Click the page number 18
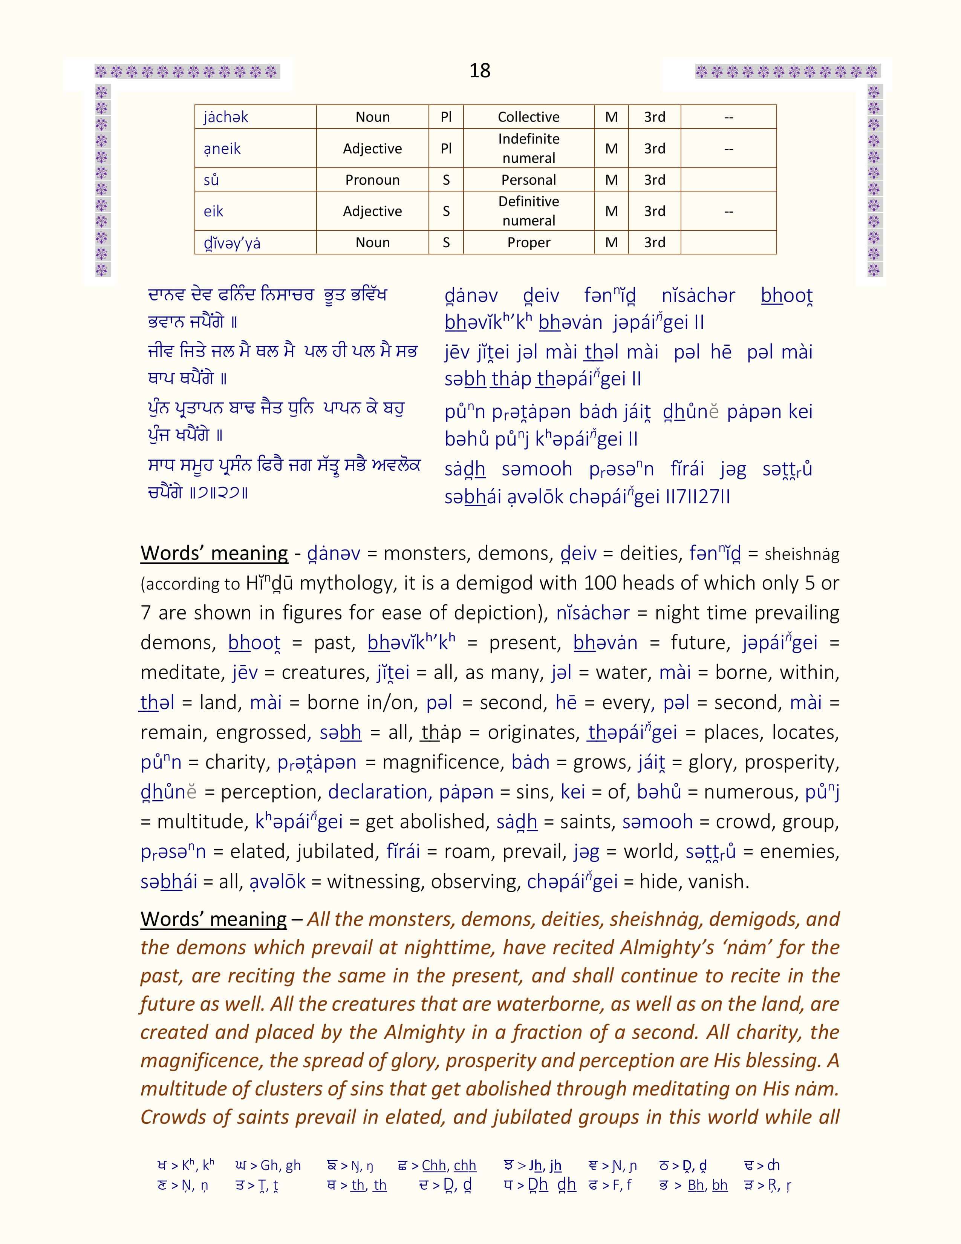(479, 70)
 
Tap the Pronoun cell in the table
(372, 180)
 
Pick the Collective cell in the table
(528, 117)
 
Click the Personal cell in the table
(528, 180)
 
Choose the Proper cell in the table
(528, 243)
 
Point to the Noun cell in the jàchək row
(372, 117)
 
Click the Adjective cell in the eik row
(372, 211)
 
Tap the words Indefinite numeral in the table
(528, 148)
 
